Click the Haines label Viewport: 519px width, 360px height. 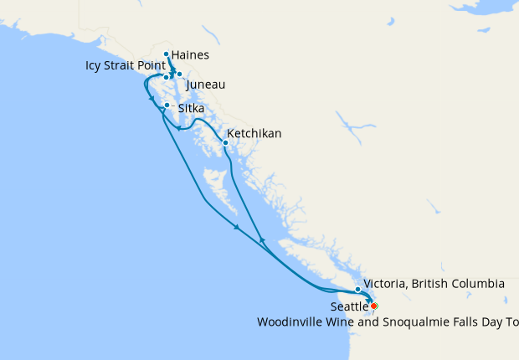(x=189, y=55)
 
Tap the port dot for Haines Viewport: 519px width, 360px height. (x=167, y=54)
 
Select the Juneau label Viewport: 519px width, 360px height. (x=205, y=85)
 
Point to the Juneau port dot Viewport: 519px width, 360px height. (x=179, y=75)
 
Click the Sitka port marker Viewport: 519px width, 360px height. (x=167, y=105)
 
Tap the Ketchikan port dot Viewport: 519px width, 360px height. (x=225, y=142)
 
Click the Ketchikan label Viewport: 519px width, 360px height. (x=254, y=133)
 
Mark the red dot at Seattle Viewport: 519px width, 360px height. (x=374, y=306)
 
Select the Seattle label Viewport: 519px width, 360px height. (x=349, y=307)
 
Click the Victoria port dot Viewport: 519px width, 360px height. (x=358, y=290)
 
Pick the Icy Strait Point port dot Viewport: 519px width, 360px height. (x=167, y=77)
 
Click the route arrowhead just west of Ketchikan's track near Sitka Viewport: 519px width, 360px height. (x=178, y=128)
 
